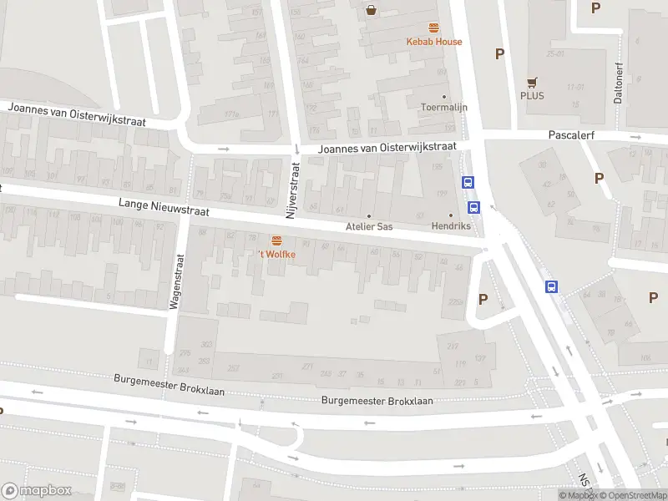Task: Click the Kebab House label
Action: coord(433,42)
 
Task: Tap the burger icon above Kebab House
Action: coord(433,28)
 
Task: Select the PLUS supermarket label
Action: coord(532,95)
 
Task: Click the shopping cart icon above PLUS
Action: coord(531,81)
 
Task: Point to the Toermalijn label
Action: coord(443,108)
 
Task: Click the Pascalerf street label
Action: coord(569,134)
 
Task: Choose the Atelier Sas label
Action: coord(369,226)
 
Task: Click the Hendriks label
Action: coord(451,226)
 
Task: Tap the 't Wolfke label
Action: coord(276,254)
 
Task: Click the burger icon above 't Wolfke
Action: coord(276,240)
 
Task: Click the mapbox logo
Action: coord(36,491)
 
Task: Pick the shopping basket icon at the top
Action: coord(370,10)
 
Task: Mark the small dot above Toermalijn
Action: coord(443,97)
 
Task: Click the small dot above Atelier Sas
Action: coord(369,215)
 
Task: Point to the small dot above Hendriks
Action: coord(451,215)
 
